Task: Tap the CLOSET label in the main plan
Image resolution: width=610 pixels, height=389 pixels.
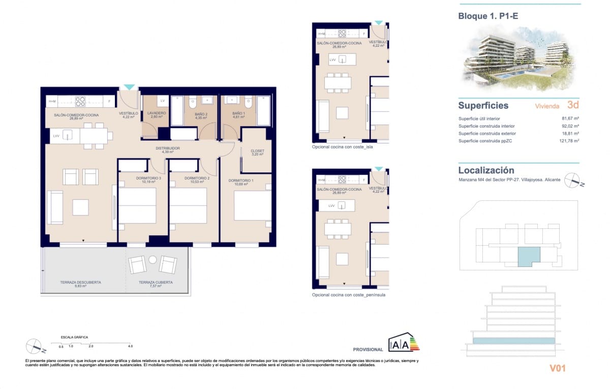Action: [x=257, y=152]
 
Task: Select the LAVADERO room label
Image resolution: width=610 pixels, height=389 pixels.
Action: [x=153, y=114]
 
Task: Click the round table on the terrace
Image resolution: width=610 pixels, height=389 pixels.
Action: [x=152, y=260]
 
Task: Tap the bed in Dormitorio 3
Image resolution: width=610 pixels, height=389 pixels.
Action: [x=137, y=205]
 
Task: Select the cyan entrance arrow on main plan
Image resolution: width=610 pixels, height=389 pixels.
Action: [x=130, y=87]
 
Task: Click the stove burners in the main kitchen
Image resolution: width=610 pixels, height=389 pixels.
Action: [x=80, y=101]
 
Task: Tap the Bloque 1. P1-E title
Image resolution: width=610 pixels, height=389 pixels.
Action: [x=489, y=16]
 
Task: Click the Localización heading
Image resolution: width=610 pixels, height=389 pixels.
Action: [x=486, y=170]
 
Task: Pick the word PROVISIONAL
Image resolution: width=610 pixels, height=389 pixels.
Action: [x=368, y=349]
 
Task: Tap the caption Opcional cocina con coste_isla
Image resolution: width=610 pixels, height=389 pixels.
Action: [x=343, y=147]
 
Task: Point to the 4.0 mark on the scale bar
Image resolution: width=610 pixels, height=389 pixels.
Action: [x=131, y=346]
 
